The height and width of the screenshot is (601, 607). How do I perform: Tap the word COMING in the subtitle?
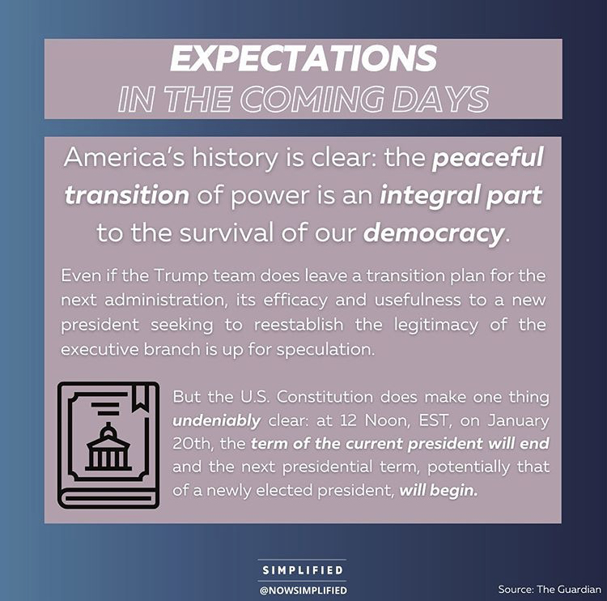pos(340,99)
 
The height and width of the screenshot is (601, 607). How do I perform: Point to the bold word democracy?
pos(432,233)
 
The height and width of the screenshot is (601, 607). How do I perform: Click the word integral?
pos(410,195)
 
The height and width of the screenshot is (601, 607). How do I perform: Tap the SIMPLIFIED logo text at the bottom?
pos(303,570)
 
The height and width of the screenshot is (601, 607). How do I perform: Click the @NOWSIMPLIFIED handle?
pos(303,589)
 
